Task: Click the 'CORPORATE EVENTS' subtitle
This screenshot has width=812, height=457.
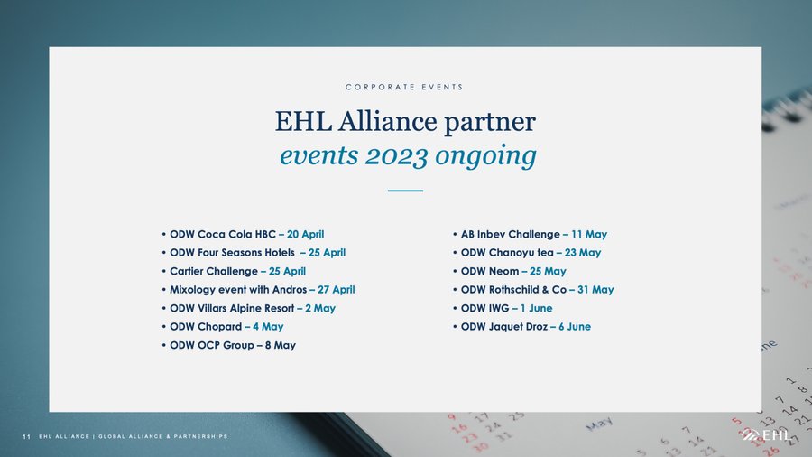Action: (x=404, y=87)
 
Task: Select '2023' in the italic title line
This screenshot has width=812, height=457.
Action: (x=396, y=156)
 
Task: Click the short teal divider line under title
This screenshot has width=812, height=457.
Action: (x=405, y=191)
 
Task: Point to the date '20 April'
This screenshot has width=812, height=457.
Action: (x=306, y=234)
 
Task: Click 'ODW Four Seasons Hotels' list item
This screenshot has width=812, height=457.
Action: (x=232, y=253)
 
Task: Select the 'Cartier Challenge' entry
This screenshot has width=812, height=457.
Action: (x=214, y=271)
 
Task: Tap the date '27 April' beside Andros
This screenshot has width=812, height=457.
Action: (x=337, y=290)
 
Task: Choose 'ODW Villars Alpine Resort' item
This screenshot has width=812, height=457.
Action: (x=232, y=308)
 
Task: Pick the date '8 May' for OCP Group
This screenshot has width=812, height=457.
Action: (x=281, y=345)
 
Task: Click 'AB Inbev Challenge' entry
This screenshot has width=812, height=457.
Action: (x=511, y=234)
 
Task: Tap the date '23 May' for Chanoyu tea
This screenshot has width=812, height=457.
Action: (x=583, y=253)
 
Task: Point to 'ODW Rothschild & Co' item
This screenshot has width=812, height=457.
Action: (x=513, y=290)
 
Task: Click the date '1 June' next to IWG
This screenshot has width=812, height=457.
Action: (x=537, y=308)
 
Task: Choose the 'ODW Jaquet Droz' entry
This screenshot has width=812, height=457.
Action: (x=504, y=327)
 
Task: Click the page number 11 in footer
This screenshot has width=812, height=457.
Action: (x=26, y=437)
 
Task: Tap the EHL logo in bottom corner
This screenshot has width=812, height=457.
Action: (x=766, y=435)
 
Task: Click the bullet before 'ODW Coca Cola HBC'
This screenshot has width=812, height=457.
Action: (x=163, y=234)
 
